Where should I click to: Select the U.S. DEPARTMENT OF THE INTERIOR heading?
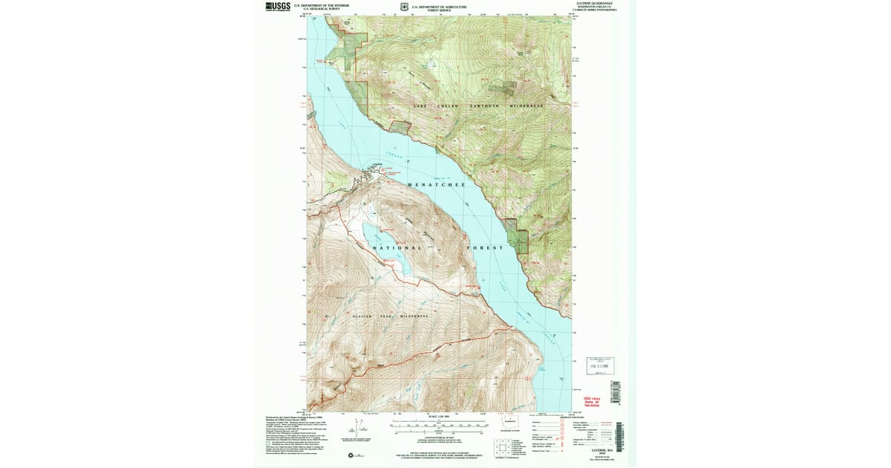tap(322, 5)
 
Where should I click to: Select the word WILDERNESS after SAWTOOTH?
tap(526, 106)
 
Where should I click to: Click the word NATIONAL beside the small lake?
tap(397, 247)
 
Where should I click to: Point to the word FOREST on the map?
tap(486, 247)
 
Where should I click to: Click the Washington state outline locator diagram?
tap(510, 423)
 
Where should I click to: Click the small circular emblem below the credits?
tap(349, 455)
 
